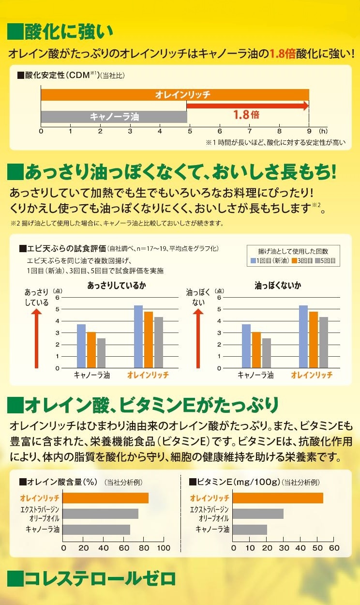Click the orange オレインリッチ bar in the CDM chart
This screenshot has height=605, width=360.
[175, 95]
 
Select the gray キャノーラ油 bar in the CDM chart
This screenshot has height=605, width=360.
[114, 117]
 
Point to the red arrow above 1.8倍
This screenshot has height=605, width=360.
[247, 106]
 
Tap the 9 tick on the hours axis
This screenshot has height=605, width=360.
[309, 131]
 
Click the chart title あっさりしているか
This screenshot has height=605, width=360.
[116, 286]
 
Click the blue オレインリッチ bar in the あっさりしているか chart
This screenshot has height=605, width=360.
[138, 336]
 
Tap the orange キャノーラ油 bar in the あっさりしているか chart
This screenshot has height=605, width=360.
[91, 350]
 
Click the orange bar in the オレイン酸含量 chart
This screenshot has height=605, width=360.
[105, 498]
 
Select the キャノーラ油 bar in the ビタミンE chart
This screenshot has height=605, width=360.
[250, 529]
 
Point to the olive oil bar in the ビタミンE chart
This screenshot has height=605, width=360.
[258, 514]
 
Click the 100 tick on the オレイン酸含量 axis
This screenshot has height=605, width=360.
[163, 548]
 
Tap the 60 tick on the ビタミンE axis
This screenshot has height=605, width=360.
[334, 548]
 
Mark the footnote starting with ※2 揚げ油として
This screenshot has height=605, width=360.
[116, 223]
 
